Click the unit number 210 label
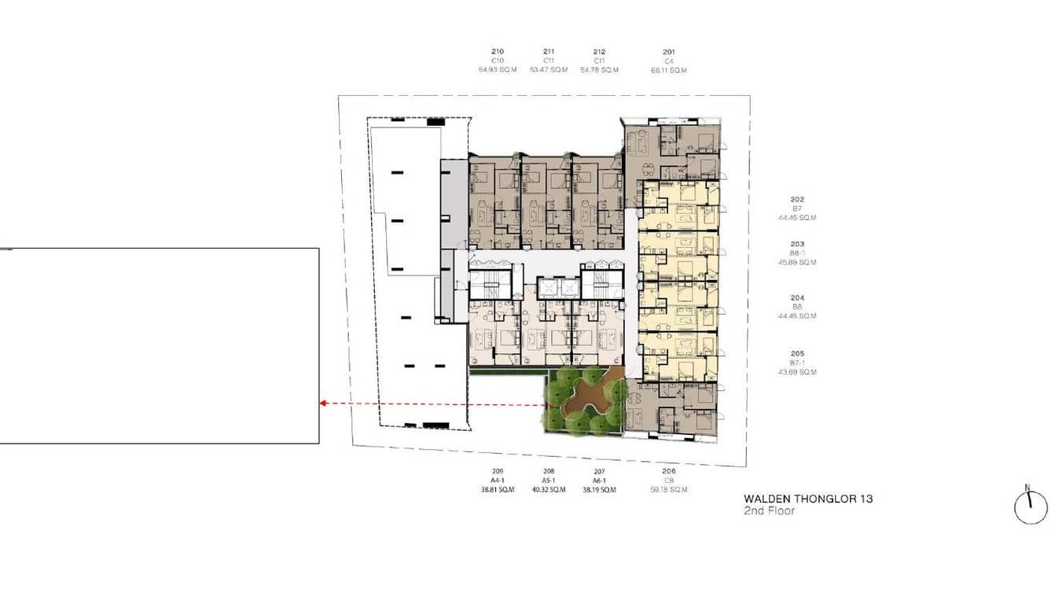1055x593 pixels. (497, 52)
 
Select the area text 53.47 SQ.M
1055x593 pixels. (549, 70)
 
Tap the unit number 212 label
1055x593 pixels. (600, 52)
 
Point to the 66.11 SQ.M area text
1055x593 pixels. (668, 70)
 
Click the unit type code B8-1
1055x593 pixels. (797, 253)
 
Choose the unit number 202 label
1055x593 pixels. (797, 200)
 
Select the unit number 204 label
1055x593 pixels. (797, 298)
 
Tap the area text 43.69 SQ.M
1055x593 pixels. (797, 372)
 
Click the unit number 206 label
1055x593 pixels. (668, 471)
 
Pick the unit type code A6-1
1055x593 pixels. (600, 481)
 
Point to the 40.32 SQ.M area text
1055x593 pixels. (549, 490)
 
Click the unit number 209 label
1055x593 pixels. (497, 471)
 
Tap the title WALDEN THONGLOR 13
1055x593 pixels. (808, 499)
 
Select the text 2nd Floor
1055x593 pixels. (769, 511)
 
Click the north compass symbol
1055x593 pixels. (1031, 506)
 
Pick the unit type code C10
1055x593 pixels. (497, 61)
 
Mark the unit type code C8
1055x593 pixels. (668, 481)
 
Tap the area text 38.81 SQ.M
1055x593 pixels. (497, 490)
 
